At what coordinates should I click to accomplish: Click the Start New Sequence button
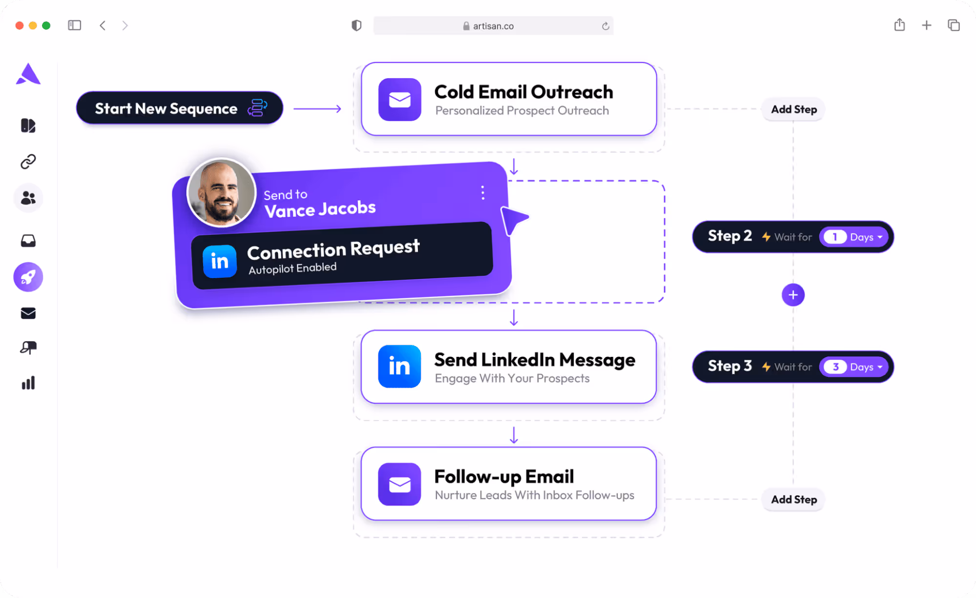(x=179, y=108)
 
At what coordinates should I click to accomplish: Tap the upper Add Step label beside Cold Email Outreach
(x=793, y=109)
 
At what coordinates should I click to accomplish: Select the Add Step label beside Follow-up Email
(x=793, y=499)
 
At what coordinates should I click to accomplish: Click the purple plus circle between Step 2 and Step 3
(x=793, y=295)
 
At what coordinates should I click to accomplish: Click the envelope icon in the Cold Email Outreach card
(x=399, y=100)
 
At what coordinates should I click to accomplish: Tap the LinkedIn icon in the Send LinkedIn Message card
(x=399, y=366)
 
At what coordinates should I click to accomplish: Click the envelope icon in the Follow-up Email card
(x=399, y=484)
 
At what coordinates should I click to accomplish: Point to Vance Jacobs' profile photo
(x=222, y=192)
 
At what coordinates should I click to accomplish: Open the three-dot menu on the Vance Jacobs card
(x=482, y=193)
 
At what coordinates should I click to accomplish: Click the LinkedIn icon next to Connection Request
(x=220, y=261)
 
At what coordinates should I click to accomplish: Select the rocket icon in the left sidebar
(x=28, y=277)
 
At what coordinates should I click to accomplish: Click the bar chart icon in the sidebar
(x=28, y=383)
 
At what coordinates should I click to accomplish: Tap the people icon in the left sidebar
(x=28, y=198)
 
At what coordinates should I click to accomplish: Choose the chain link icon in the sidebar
(x=28, y=162)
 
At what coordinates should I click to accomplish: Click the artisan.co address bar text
(x=493, y=26)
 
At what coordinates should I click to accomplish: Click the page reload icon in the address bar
(x=605, y=26)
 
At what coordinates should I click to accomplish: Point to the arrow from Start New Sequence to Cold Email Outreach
(x=317, y=108)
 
